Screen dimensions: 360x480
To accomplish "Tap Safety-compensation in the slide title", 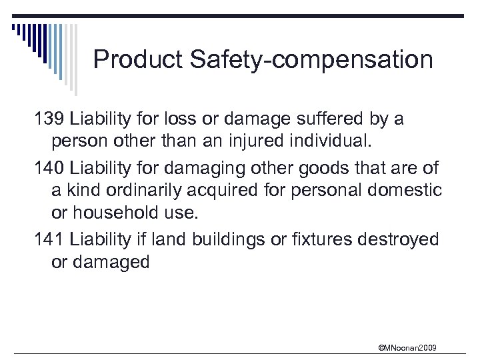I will pyautogui.click(x=311, y=60).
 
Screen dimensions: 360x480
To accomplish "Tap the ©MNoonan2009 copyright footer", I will pyautogui.click(x=407, y=347).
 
